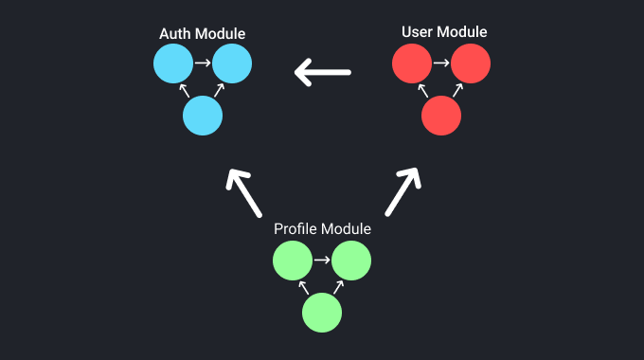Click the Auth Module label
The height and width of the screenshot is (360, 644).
tap(202, 34)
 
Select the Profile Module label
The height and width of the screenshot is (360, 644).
tap(322, 229)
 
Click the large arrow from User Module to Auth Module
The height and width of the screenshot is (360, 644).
tap(322, 71)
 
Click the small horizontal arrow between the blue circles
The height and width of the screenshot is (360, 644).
tap(203, 64)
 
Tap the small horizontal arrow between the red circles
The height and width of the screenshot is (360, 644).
tap(441, 64)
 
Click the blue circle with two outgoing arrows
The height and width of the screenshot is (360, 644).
tap(203, 117)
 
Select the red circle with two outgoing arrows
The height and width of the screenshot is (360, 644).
tap(441, 117)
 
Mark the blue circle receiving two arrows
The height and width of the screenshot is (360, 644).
tap(232, 64)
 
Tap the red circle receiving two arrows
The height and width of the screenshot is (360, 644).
tap(471, 64)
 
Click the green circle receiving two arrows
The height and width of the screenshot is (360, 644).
tap(351, 261)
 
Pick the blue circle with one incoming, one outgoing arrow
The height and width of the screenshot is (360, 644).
tap(173, 64)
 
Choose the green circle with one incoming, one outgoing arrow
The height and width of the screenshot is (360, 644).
tap(293, 261)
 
